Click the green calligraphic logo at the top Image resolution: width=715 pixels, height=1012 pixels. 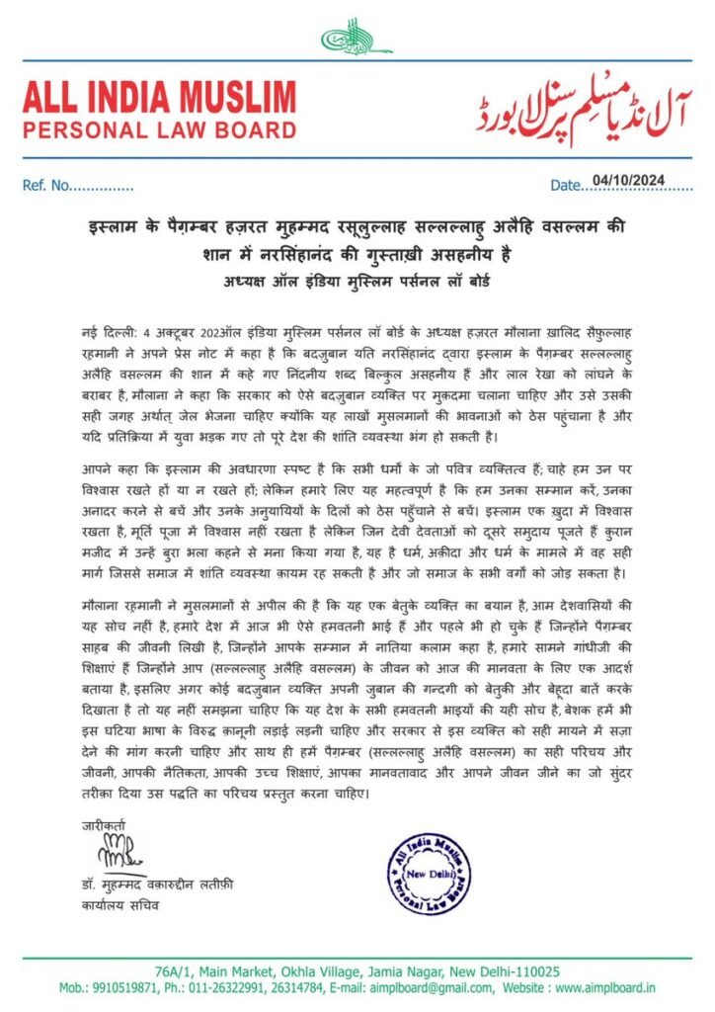coord(357,38)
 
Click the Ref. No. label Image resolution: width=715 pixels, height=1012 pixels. coord(45,186)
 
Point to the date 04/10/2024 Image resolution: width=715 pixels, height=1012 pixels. coord(628,180)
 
